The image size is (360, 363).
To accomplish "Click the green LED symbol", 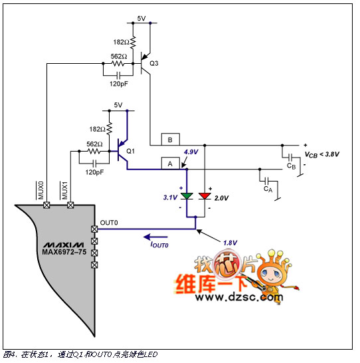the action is click(x=187, y=196).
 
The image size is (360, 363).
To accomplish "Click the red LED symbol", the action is click(x=205, y=196).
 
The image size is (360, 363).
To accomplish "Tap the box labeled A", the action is click(x=171, y=164).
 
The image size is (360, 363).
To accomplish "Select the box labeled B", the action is click(x=171, y=140).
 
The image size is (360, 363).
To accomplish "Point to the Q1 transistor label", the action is click(x=130, y=151).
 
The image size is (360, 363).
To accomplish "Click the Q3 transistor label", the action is click(x=153, y=63).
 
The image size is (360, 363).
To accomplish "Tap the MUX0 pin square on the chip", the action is click(x=46, y=205).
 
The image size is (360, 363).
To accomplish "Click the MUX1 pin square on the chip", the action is click(x=70, y=205).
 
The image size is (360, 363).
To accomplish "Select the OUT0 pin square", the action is click(x=94, y=229).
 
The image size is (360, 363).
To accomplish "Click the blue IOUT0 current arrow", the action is click(x=155, y=237).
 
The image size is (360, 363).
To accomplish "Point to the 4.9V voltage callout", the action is click(x=191, y=152).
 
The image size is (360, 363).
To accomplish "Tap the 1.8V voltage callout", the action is click(x=230, y=243).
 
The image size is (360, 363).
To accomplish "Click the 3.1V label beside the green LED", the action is click(x=171, y=197).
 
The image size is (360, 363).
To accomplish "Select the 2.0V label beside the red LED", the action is click(x=221, y=198).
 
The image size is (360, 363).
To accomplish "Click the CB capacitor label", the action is click(x=291, y=166).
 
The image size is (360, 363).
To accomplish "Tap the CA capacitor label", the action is click(x=268, y=189).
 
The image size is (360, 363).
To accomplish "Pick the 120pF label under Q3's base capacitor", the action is click(x=119, y=84).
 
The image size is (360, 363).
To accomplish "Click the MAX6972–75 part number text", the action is click(x=64, y=252).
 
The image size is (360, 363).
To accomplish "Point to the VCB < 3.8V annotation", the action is click(x=322, y=154).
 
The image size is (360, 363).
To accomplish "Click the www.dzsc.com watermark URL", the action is click(x=239, y=297).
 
